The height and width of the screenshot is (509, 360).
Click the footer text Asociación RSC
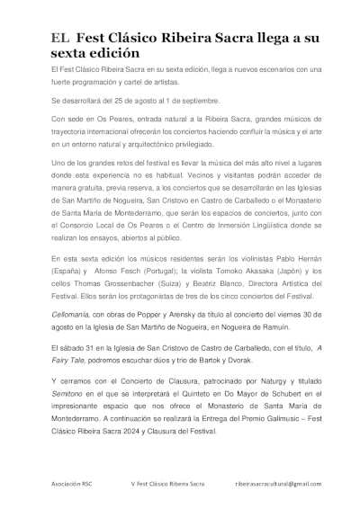pos(71,484)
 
